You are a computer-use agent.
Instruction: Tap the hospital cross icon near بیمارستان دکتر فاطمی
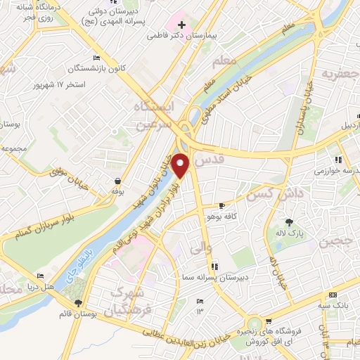[181, 25]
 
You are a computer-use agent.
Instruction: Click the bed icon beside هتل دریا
[41, 276]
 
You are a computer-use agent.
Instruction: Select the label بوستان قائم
[77, 312]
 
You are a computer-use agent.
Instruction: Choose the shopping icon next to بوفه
[116, 181]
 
